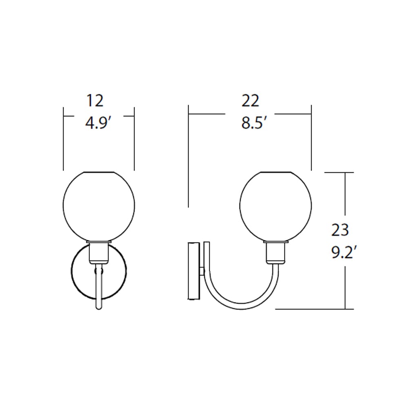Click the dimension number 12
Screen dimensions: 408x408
[95, 101]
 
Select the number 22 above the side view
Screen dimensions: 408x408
[250, 101]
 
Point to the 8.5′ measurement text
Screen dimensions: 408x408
[254, 122]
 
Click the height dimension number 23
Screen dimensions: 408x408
[340, 231]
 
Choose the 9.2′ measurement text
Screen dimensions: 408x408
[344, 253]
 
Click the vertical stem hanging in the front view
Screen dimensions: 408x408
[99, 290]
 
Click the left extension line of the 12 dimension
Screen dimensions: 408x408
[64, 139]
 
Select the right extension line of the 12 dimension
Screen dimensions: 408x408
[134, 139]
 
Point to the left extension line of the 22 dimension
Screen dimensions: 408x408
[188, 155]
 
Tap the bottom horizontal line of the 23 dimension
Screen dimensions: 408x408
[314, 309]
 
